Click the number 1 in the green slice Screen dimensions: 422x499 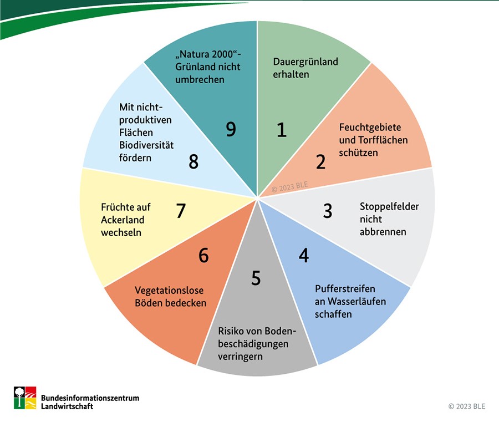click(282, 130)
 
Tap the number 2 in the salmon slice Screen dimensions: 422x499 click(320, 162)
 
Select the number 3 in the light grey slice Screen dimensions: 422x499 click(328, 211)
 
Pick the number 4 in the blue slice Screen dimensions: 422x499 click(303, 255)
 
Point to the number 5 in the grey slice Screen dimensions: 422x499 click(256, 278)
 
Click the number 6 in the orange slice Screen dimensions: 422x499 click(203, 256)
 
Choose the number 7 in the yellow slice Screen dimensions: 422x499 click(180, 211)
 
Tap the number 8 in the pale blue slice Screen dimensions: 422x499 click(193, 162)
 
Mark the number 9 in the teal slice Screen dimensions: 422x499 click(231, 129)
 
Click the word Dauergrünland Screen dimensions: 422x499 click(305, 62)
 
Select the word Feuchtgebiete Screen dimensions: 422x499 click(370, 127)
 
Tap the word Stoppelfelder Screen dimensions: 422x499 click(389, 207)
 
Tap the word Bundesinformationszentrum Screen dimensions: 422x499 click(90, 398)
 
